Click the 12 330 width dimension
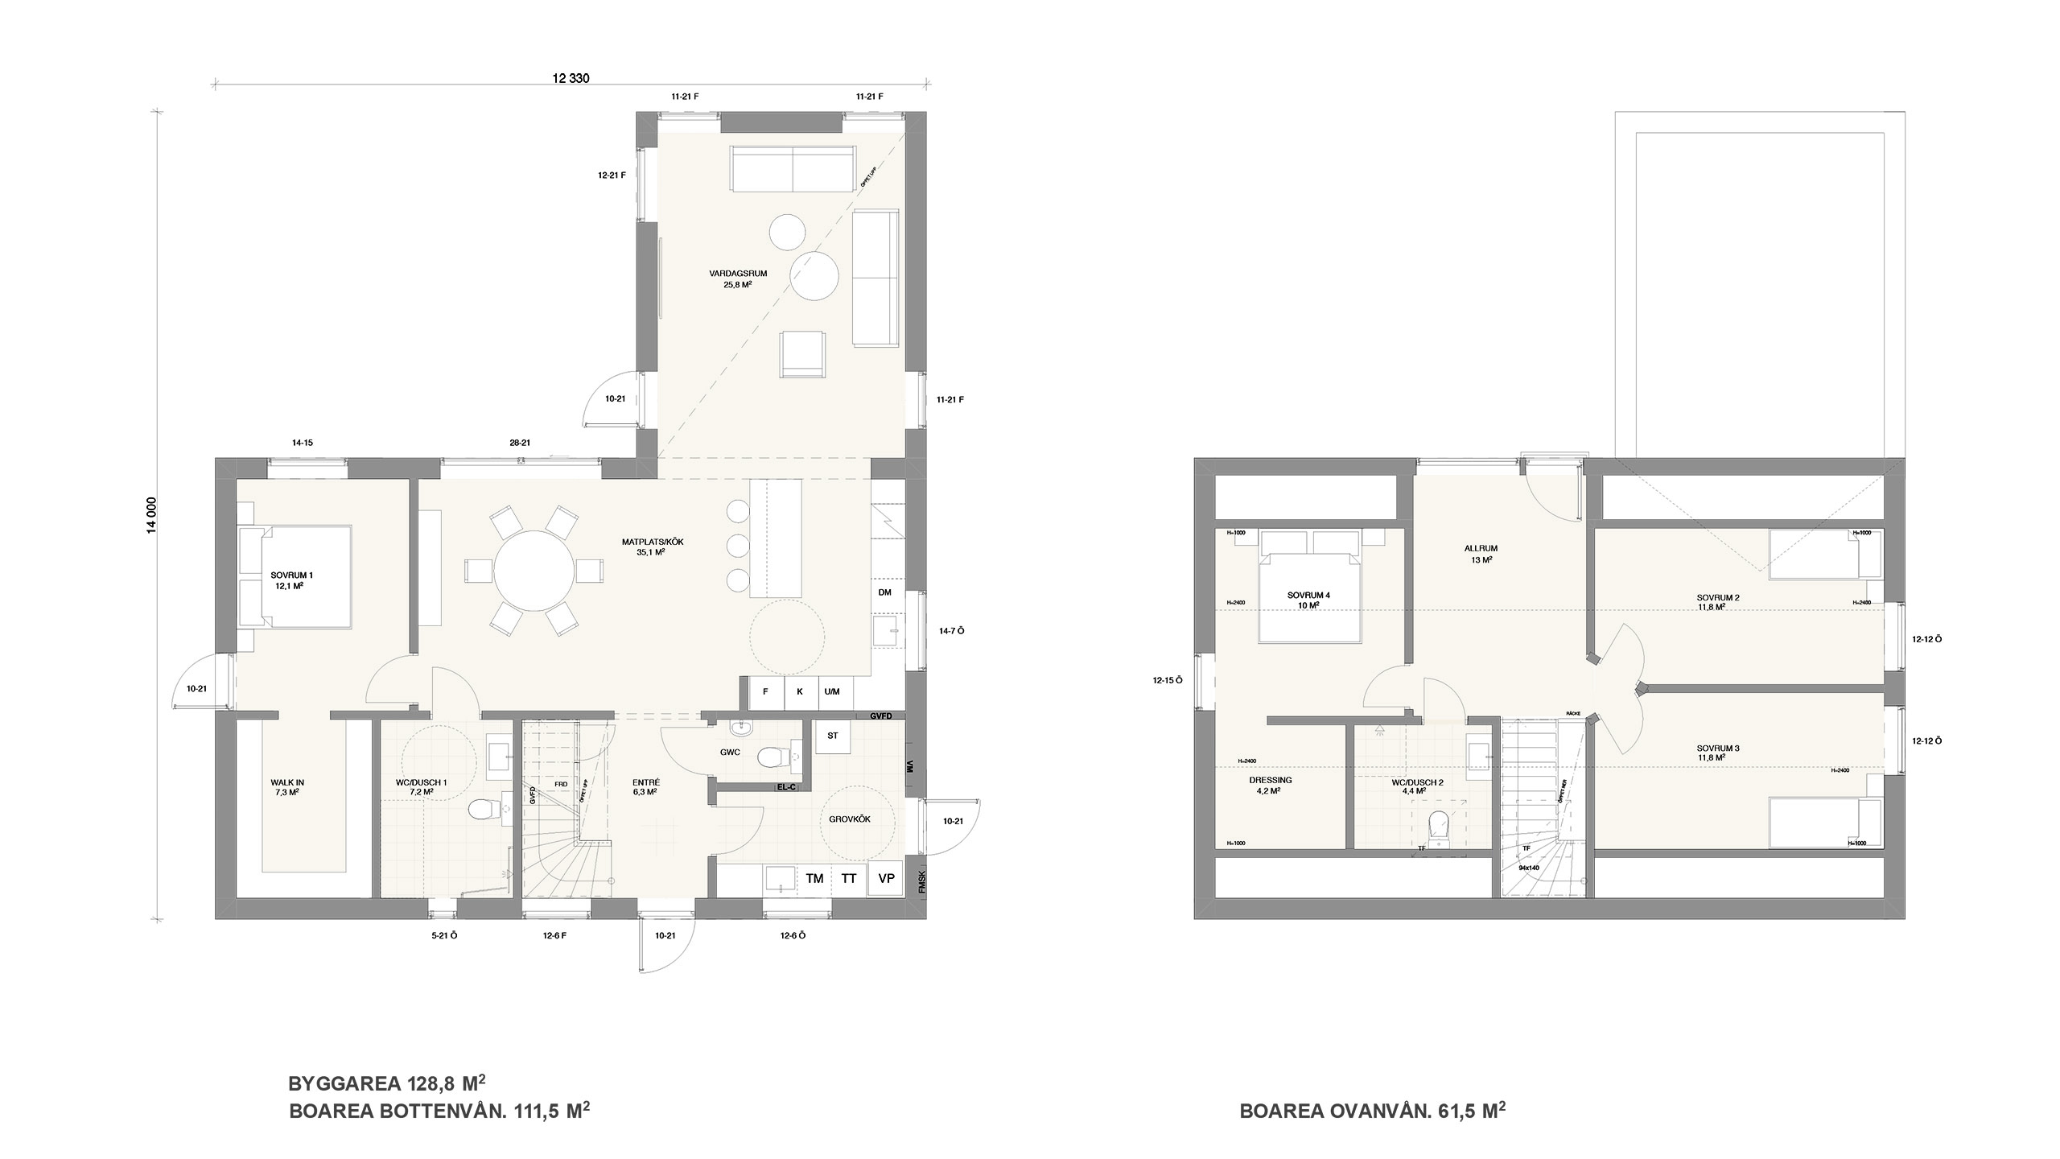coord(571,79)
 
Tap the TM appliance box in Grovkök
coord(814,878)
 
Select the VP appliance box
coord(886,878)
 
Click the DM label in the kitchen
coord(884,592)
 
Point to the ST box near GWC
coord(833,736)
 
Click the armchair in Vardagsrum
coord(801,355)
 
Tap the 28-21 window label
coord(520,443)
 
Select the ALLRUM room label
coord(1481,553)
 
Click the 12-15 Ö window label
coord(1167,680)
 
